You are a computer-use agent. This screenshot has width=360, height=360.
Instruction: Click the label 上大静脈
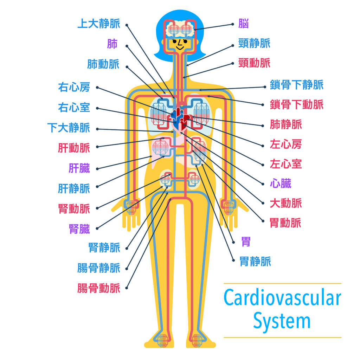point(99,24)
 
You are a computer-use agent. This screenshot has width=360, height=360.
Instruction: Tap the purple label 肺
point(112,44)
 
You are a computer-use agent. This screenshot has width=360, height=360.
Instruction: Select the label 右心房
point(74,87)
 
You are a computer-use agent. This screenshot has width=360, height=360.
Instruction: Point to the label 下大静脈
point(69,128)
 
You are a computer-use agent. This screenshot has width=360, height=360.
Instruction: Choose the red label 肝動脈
point(74,148)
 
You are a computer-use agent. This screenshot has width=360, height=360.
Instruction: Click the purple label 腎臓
point(79,229)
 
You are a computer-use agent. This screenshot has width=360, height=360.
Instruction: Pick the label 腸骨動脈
point(99,288)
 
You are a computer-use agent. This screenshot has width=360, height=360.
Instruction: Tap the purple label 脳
point(244,24)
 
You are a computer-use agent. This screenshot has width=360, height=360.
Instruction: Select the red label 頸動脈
point(255,63)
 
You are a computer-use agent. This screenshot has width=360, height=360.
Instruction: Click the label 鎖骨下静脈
point(297,84)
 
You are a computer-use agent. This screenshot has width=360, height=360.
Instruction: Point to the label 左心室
point(286,164)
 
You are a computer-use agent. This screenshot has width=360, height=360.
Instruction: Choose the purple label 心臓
point(281,184)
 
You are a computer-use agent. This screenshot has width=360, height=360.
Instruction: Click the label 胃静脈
point(255,262)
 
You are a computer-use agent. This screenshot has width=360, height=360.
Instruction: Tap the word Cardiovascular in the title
point(282,297)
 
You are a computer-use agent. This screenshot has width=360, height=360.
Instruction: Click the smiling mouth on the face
point(180,48)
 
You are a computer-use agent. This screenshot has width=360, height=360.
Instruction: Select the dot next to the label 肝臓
point(97,169)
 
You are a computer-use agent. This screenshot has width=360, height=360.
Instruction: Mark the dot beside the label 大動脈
point(263,204)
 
